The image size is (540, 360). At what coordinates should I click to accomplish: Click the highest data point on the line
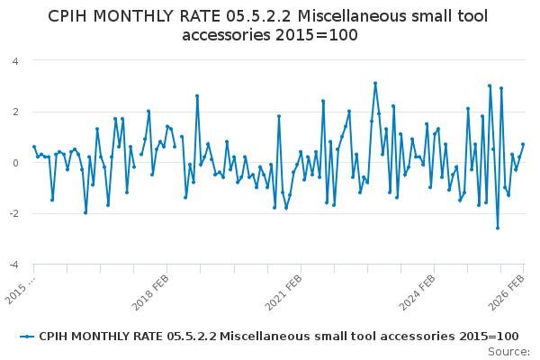pos(375,84)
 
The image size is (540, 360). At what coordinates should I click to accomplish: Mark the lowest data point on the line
pos(498,228)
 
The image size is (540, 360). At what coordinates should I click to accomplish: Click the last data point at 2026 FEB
pos(523,144)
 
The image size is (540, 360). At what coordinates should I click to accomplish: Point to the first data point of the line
pos(34,147)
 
